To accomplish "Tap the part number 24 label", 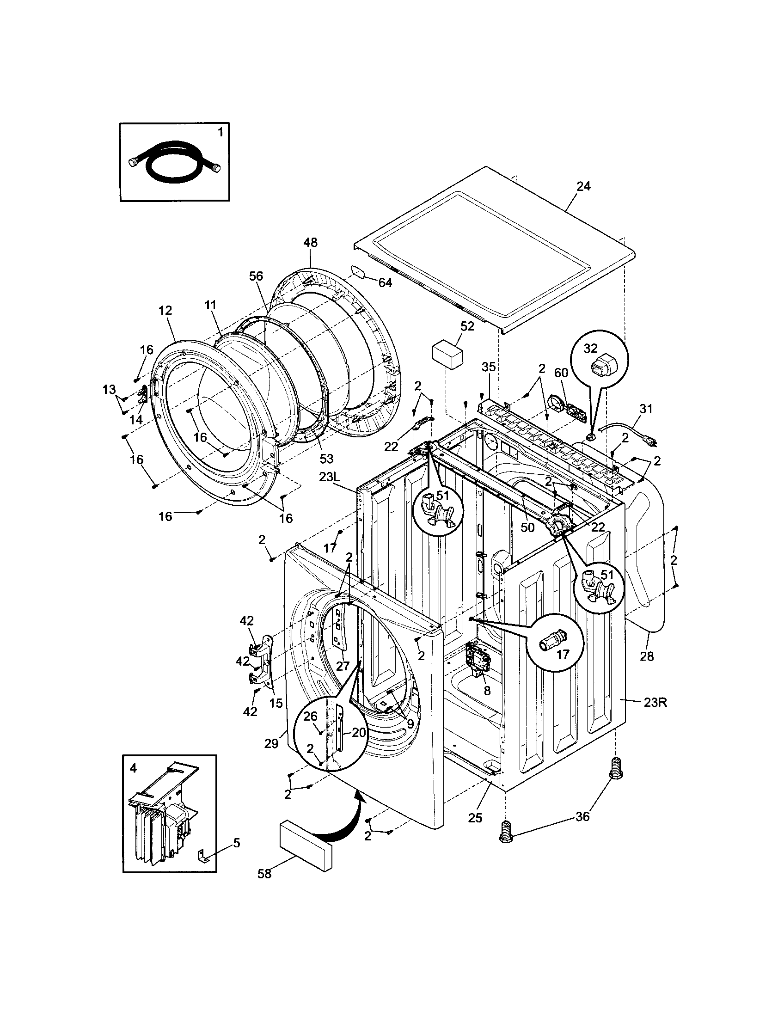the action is (x=583, y=186).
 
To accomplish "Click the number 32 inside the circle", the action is (x=590, y=349).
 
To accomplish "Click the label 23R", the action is (x=655, y=716).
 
